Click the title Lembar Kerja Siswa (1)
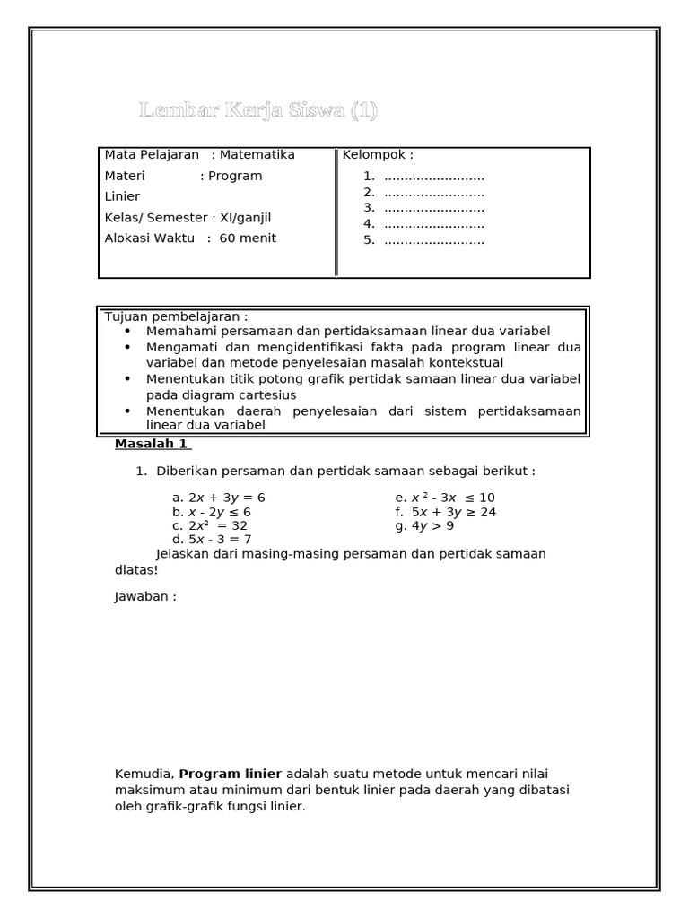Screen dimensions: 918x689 pyautogui.click(x=258, y=111)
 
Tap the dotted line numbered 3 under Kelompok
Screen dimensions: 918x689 pyautogui.click(x=434, y=208)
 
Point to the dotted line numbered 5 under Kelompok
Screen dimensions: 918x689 pyautogui.click(x=434, y=240)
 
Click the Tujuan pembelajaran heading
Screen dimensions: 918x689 pyautogui.click(x=176, y=316)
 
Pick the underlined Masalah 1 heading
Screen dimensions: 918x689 pyautogui.click(x=152, y=444)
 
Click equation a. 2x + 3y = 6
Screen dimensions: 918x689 pyautogui.click(x=219, y=498)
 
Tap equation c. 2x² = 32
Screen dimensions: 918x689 pyautogui.click(x=210, y=525)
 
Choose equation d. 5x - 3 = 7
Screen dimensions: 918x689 pyautogui.click(x=212, y=540)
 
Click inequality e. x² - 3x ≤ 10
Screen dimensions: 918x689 pyautogui.click(x=445, y=498)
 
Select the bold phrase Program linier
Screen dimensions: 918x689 pyautogui.click(x=231, y=774)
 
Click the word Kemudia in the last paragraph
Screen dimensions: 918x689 pyautogui.click(x=144, y=774)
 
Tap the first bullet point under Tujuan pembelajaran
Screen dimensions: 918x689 pyautogui.click(x=128, y=331)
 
